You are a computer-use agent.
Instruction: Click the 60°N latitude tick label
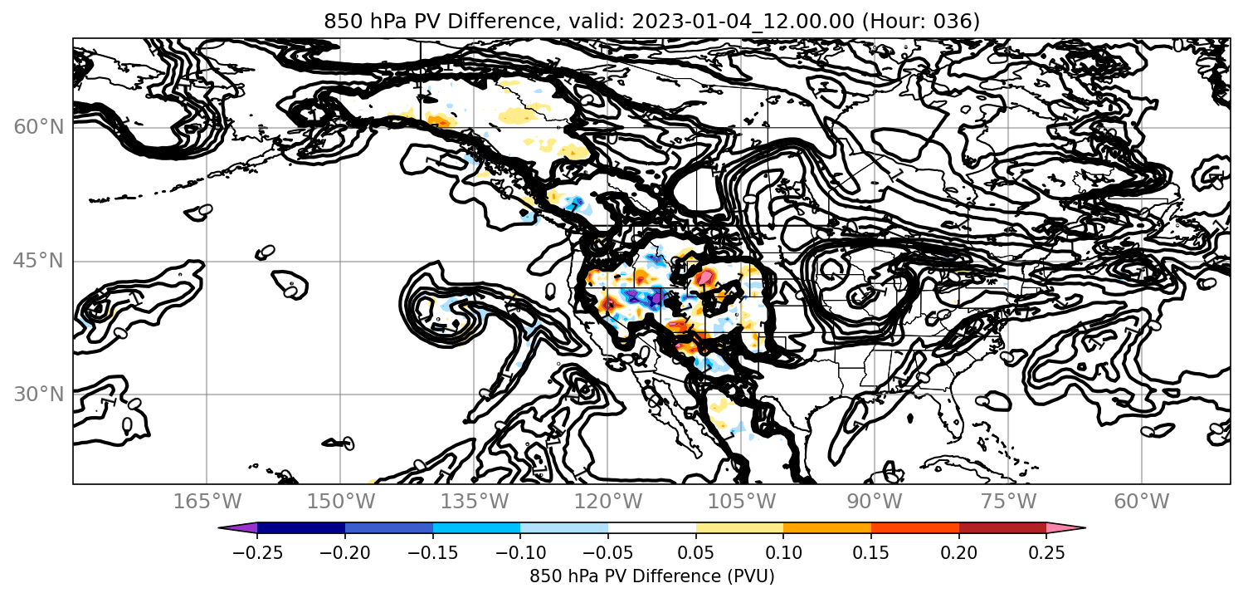(x=38, y=127)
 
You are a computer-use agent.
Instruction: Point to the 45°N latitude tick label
(x=38, y=261)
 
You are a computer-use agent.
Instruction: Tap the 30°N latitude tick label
(x=38, y=395)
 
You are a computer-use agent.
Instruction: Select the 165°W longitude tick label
(x=207, y=502)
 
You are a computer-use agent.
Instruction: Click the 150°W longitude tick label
(x=341, y=502)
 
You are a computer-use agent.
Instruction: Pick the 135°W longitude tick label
(x=475, y=502)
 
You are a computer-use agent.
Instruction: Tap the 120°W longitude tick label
(x=607, y=502)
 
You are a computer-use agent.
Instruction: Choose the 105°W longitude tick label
(x=741, y=502)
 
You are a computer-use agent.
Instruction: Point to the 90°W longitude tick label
(x=875, y=502)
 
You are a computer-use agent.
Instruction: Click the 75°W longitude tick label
(x=1008, y=502)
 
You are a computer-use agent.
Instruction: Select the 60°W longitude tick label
(x=1142, y=502)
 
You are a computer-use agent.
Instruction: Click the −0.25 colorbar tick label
(x=257, y=553)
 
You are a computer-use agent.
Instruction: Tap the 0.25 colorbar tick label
(x=1046, y=553)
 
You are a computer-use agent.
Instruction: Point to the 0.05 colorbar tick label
(x=696, y=553)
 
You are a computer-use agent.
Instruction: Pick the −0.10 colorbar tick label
(x=520, y=553)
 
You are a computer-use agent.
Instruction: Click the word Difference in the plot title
(x=500, y=21)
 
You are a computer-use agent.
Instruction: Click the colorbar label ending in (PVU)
(x=651, y=576)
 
